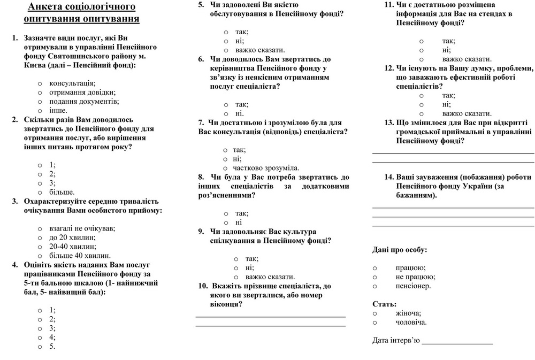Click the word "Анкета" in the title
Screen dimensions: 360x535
click(x=47, y=7)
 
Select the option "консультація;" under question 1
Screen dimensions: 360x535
click(x=72, y=83)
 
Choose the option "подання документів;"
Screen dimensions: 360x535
click(x=84, y=101)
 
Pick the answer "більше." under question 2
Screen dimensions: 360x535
click(x=62, y=192)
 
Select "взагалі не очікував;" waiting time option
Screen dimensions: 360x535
click(x=82, y=228)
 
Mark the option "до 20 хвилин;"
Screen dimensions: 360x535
click(x=72, y=238)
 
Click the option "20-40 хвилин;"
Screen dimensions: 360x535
click(x=73, y=247)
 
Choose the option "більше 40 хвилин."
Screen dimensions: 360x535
click(x=80, y=256)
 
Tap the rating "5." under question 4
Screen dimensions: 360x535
click(x=52, y=346)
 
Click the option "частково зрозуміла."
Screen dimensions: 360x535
click(x=265, y=167)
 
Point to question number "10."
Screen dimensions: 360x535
click(x=203, y=286)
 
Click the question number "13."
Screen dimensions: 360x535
click(x=389, y=122)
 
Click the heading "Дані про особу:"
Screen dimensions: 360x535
click(x=400, y=249)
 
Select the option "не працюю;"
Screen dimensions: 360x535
click(x=415, y=277)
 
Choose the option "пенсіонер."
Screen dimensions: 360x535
click(x=413, y=286)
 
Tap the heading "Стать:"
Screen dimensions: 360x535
click(x=384, y=304)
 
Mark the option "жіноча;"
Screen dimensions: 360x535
click(x=408, y=313)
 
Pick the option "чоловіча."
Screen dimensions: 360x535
click(x=411, y=322)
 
